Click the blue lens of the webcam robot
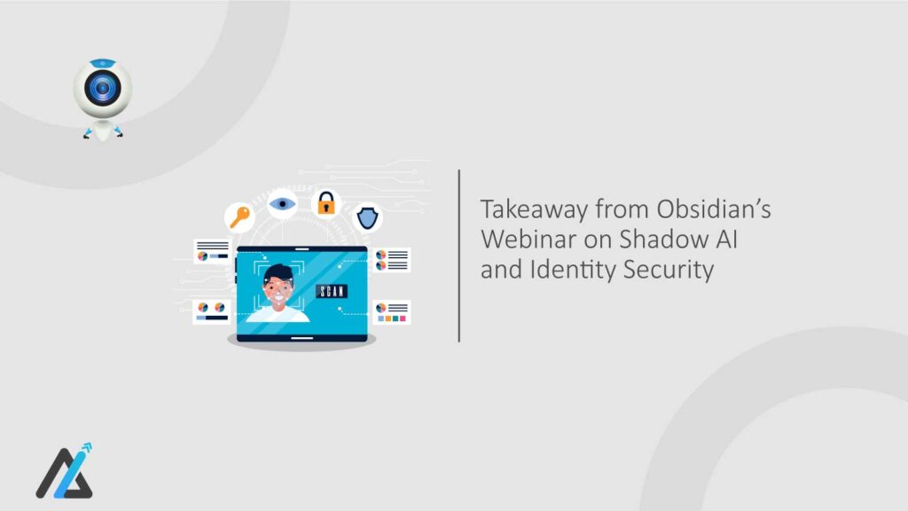102,89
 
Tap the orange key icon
239,216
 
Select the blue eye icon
283,203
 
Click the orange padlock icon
326,203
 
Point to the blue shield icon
368,216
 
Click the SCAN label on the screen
332,291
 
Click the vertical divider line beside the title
458,255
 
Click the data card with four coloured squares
391,311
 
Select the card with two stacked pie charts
391,259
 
